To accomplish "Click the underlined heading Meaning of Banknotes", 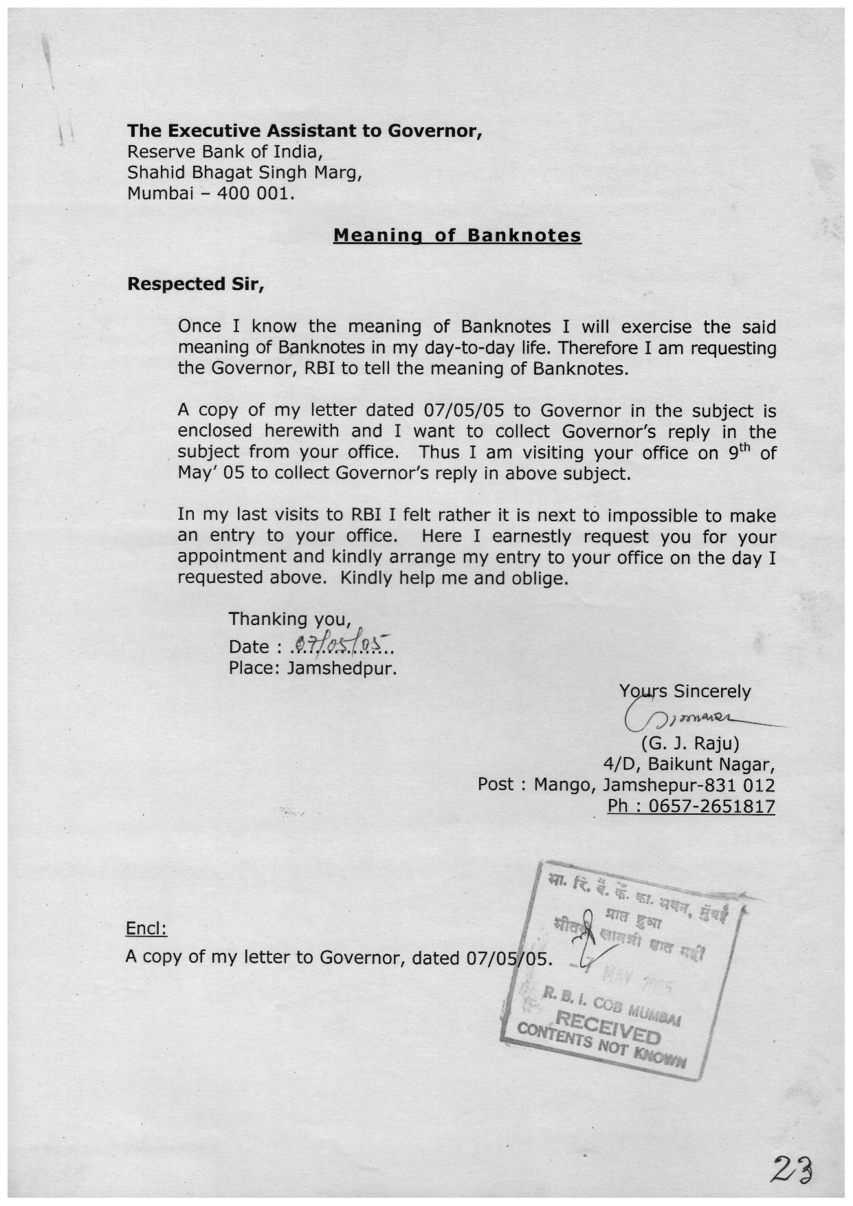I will (457, 236).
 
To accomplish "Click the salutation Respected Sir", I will (196, 284).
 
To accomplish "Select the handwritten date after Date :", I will (340, 645).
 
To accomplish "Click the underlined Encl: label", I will (146, 929).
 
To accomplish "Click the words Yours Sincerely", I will (685, 691).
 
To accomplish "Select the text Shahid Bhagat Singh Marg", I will (245, 173).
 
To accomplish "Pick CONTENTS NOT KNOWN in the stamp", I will (601, 1051).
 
